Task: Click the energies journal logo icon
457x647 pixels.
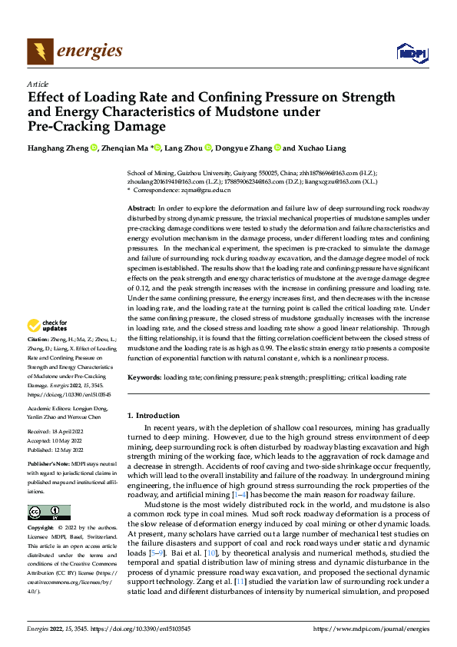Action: pos(38,51)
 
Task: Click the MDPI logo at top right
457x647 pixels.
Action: pos(412,51)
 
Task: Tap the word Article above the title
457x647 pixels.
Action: pos(38,84)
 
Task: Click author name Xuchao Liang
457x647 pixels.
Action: pos(323,148)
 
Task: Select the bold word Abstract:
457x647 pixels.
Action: pos(141,209)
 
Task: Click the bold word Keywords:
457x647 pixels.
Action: pos(144,378)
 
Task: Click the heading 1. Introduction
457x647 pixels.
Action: pos(153,416)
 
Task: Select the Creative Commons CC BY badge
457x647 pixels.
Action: pos(49,513)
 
